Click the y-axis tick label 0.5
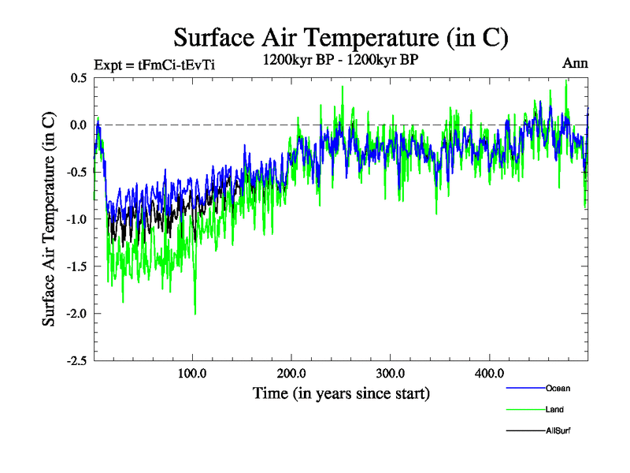tap(77, 77)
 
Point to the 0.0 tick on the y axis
tap(77, 125)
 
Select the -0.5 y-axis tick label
tap(76, 172)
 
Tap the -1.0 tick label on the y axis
tap(76, 219)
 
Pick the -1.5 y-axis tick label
tap(76, 266)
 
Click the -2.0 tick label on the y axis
tap(76, 314)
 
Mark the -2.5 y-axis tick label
tap(76, 361)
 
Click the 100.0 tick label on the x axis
tap(193, 373)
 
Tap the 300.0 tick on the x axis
tap(391, 373)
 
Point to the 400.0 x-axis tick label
tap(489, 373)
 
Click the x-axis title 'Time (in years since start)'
tap(341, 393)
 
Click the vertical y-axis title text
tap(49, 219)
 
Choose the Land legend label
tap(554, 409)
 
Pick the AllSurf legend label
tap(558, 430)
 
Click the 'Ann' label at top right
tap(576, 63)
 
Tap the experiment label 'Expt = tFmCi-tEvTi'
tap(154, 65)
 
